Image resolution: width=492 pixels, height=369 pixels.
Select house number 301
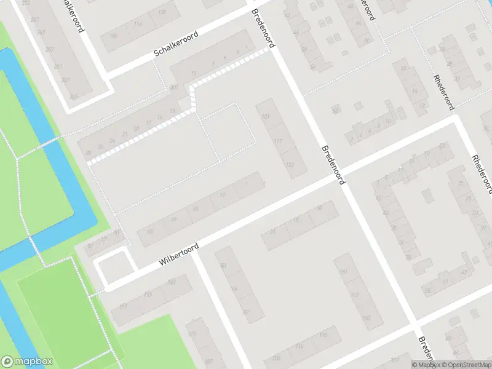coord(173,87)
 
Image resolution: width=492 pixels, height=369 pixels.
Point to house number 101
coord(266,116)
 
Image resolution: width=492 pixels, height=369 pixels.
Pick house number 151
coord(344,271)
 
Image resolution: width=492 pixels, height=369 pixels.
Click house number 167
coord(355,295)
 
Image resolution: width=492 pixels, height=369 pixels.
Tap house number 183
coord(366,318)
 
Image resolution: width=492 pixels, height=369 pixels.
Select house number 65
coord(149,232)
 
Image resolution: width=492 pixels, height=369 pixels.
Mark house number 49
coord(173,220)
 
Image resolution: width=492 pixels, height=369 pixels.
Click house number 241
coord(73,97)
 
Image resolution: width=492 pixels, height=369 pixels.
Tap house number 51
coord(443,282)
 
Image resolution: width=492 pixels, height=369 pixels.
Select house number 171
coord(191,334)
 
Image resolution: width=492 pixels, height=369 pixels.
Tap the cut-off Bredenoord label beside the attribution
coord(424,349)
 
